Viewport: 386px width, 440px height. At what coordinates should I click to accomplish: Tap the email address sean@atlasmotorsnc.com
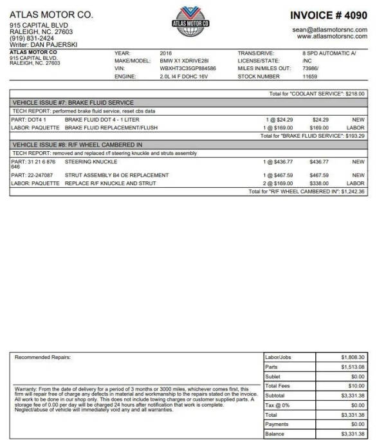point(329,30)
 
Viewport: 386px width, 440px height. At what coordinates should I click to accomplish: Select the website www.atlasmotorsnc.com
point(332,37)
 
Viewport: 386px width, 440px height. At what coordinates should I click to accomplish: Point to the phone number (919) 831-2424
point(32,38)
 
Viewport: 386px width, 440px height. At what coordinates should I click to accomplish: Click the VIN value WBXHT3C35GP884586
point(188,68)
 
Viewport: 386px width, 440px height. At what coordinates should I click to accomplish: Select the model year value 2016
point(166,52)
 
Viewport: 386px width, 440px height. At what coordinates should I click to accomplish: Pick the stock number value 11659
point(309,76)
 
